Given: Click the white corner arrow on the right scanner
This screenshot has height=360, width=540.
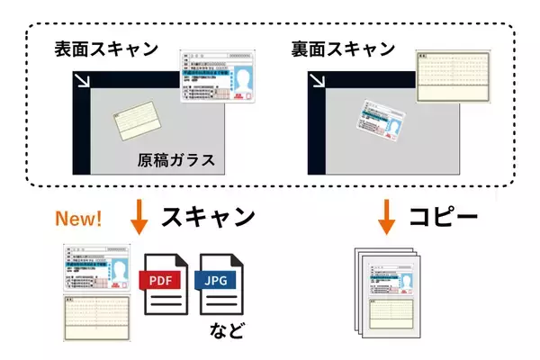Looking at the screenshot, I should click(x=319, y=83).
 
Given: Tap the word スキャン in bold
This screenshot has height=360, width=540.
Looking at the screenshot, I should click(x=208, y=219).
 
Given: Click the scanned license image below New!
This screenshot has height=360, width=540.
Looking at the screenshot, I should click(x=96, y=267).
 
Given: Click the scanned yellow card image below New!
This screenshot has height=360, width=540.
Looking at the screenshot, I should click(x=96, y=316).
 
